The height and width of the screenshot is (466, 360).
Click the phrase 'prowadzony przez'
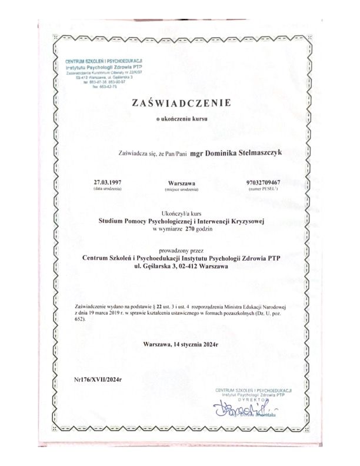pos(180,248)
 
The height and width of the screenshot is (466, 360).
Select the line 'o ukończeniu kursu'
pos(180,119)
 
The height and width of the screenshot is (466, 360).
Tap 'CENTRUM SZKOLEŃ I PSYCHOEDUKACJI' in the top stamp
pos(106,61)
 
